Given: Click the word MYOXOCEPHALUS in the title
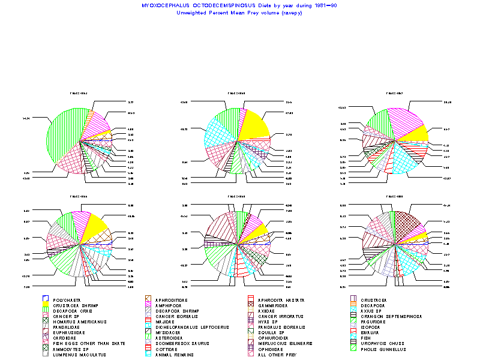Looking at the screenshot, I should pos(161,5).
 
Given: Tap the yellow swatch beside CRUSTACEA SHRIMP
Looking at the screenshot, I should pos(46,305).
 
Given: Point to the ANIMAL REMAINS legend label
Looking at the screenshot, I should pos(174,354).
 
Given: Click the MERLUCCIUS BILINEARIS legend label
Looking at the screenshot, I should pos(287,343).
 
